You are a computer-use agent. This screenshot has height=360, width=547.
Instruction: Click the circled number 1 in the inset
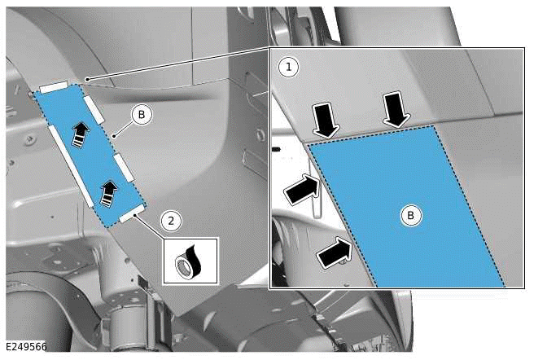(288, 67)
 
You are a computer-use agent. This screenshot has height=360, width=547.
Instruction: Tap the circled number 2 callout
(171, 221)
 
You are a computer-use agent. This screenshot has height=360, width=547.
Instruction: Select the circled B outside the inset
(142, 115)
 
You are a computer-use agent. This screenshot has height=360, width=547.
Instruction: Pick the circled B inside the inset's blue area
(410, 216)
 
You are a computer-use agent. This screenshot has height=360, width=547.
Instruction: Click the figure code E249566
(26, 346)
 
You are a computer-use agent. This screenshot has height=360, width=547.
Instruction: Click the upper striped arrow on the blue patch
(81, 135)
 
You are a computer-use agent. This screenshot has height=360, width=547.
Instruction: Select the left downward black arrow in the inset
(326, 121)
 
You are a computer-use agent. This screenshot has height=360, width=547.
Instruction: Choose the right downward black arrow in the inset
(396, 110)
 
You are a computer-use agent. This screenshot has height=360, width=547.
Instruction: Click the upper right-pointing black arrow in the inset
(302, 189)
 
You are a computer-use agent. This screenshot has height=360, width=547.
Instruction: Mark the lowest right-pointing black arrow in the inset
(335, 252)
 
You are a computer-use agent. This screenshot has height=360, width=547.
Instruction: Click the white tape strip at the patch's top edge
(54, 87)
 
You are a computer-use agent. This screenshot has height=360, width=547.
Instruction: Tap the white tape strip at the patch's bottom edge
(132, 213)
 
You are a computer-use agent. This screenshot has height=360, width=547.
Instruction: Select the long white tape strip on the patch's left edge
(71, 166)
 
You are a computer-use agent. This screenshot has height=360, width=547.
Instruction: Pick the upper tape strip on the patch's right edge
(94, 109)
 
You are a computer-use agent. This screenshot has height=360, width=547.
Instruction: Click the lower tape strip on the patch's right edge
(125, 168)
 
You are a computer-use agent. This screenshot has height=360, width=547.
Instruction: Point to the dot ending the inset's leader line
(88, 80)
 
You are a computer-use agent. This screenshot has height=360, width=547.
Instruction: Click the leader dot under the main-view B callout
(113, 136)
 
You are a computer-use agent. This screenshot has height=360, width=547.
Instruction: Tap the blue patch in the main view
(89, 154)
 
